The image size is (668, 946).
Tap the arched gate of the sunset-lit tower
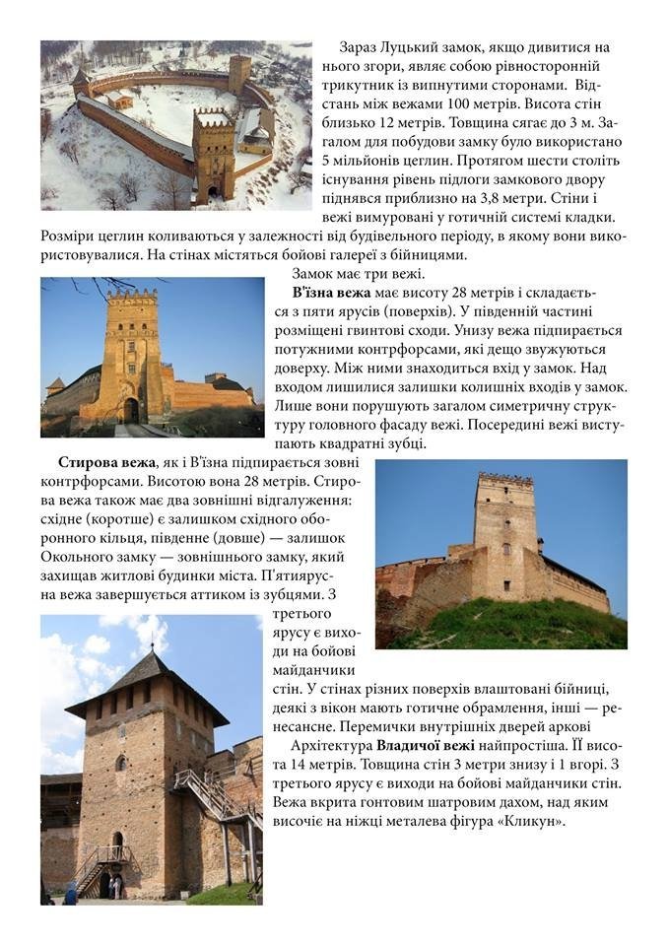131,409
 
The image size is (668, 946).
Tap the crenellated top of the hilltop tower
504,481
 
